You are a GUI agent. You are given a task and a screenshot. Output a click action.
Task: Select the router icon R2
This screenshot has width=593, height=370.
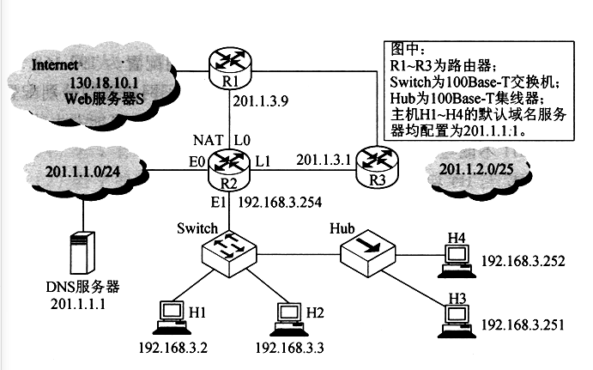coord(229,170)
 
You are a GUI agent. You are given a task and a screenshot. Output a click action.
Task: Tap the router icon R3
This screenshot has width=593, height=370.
coord(377,167)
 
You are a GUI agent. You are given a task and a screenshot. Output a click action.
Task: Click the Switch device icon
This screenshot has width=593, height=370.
coord(229,253)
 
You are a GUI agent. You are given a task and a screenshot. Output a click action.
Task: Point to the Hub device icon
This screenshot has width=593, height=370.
coord(367,252)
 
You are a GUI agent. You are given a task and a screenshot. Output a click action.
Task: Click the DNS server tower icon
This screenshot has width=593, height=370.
coord(82,252)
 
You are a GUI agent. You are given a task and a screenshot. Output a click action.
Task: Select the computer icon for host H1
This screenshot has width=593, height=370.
coord(172,318)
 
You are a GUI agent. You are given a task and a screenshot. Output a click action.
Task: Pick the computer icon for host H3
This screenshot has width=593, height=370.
coord(457,321)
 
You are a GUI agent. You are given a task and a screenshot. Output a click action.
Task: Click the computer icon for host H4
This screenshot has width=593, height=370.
coord(457,261)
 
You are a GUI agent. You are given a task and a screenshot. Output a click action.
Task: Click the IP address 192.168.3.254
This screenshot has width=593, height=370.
coord(280,203)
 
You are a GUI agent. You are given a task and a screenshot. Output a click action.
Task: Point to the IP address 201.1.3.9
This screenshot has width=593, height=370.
coord(261,101)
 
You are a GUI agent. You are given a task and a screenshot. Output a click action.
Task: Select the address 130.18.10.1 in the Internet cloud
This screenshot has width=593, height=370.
coord(103,83)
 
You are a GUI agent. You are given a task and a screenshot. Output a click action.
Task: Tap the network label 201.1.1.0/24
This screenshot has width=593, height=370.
coord(82,172)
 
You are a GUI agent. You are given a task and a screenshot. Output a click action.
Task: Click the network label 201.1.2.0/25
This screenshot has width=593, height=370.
coord(476,169)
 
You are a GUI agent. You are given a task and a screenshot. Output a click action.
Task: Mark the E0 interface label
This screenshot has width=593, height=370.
coord(197,162)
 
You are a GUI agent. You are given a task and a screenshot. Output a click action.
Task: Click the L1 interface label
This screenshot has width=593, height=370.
coord(263,161)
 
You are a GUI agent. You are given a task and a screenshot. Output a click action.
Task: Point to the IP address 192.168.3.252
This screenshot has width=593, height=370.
coord(523,261)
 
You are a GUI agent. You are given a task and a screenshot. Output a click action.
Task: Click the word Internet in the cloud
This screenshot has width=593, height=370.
coord(54,65)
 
